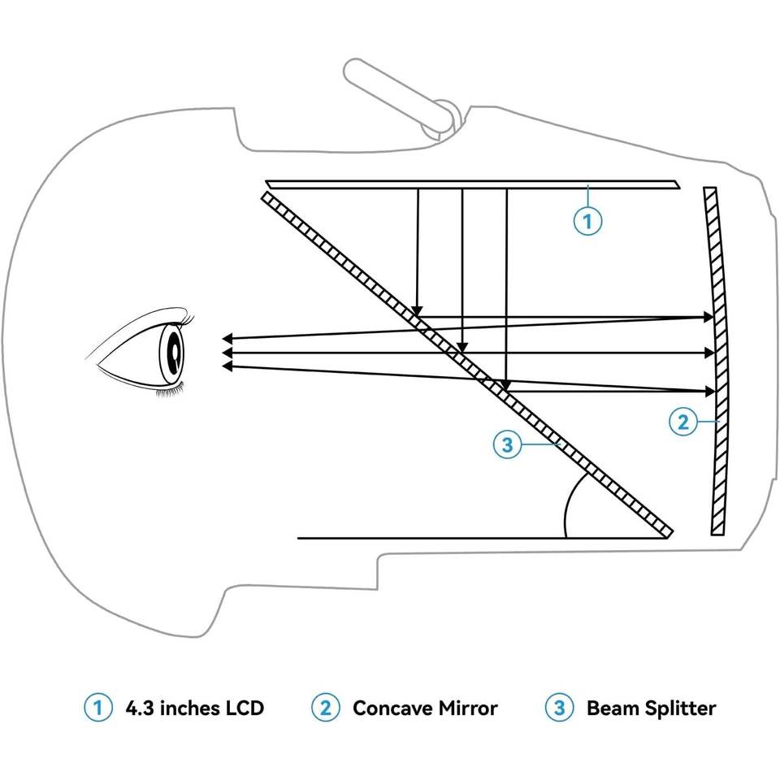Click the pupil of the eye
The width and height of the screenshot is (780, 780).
pyautogui.click(x=175, y=351)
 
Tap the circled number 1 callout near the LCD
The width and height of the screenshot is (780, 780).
pyautogui.click(x=587, y=220)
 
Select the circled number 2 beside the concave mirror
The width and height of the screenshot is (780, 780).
pyautogui.click(x=682, y=421)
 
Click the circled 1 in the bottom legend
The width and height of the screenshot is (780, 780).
pyautogui.click(x=98, y=708)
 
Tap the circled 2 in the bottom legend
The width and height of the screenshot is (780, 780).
pyautogui.click(x=325, y=708)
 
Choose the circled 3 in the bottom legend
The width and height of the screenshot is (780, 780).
pyautogui.click(x=559, y=708)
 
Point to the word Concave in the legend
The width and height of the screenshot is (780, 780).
pyautogui.click(x=388, y=708)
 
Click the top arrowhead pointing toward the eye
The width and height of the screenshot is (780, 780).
pyautogui.click(x=228, y=337)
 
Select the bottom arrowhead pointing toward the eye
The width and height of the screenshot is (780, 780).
pyautogui.click(x=228, y=366)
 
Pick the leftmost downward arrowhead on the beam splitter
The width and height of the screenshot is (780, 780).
pyautogui.click(x=417, y=311)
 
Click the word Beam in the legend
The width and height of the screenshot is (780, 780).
pyautogui.click(x=613, y=708)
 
